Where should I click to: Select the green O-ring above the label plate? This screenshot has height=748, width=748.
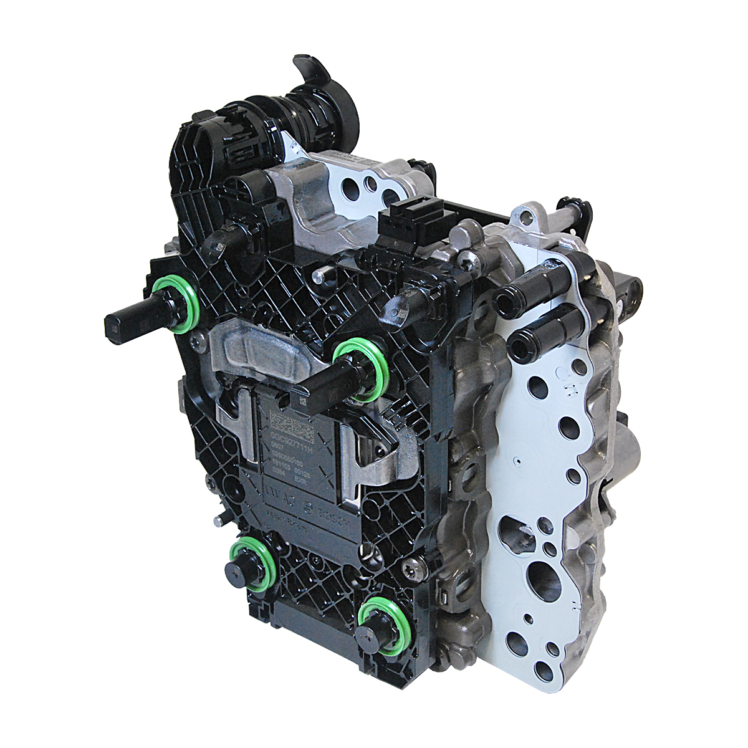tap(362, 368)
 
